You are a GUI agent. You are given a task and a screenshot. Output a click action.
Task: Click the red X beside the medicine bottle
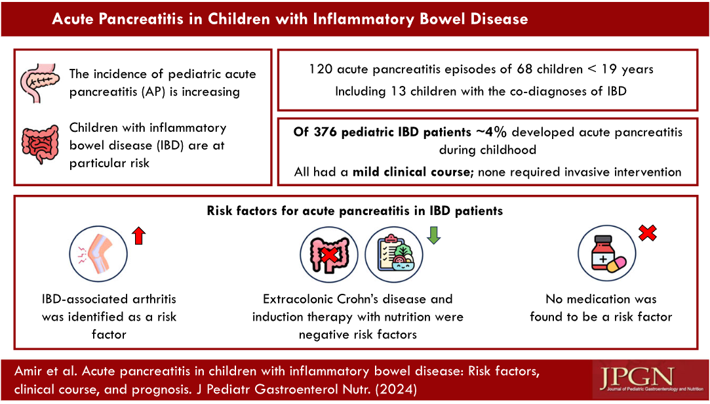coord(648,232)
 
